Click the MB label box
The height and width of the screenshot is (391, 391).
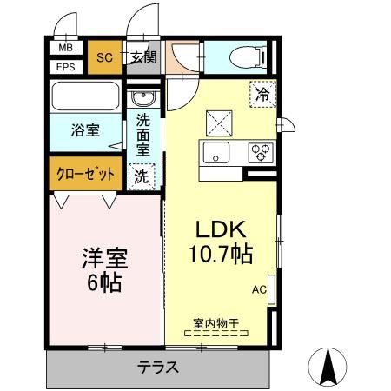(65, 50)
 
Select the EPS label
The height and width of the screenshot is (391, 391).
(65, 66)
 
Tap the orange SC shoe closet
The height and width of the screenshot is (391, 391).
(104, 57)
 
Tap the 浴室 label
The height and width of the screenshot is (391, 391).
(84, 131)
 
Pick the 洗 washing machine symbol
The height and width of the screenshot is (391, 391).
(141, 175)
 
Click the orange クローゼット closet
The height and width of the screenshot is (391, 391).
(85, 172)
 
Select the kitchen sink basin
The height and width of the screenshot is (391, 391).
(216, 153)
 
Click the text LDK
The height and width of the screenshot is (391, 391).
(221, 230)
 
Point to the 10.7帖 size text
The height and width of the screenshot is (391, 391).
(221, 255)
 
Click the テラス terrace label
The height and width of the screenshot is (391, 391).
(158, 367)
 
